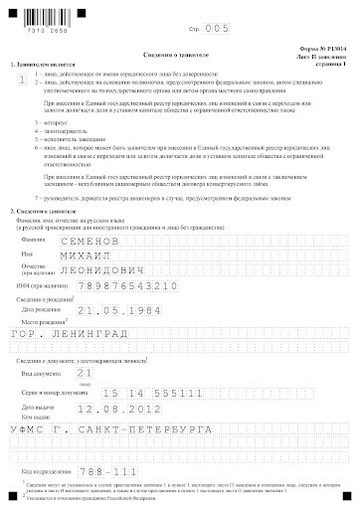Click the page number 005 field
pyautogui.click(x=216, y=30)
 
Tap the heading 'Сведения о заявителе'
pyautogui.click(x=180, y=52)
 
